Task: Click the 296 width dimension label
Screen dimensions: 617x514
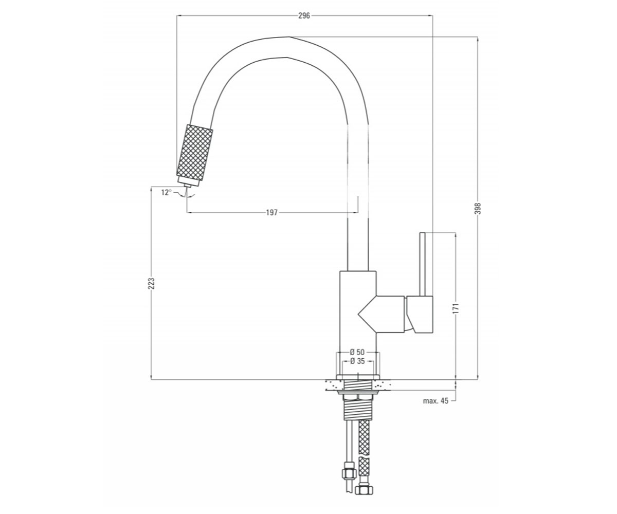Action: pos(304,15)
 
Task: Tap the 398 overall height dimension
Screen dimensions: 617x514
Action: pos(478,208)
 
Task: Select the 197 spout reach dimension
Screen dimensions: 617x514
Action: pos(272,212)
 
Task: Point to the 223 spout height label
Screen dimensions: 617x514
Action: pos(151,283)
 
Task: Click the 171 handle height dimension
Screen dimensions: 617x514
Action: pos(456,307)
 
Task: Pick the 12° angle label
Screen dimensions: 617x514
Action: pos(167,193)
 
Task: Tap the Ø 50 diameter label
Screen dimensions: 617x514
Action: pos(357,352)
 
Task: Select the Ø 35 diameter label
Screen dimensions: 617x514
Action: pos(357,361)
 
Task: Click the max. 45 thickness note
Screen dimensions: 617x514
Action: pos(435,401)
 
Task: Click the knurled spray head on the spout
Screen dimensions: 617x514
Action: pos(194,152)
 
